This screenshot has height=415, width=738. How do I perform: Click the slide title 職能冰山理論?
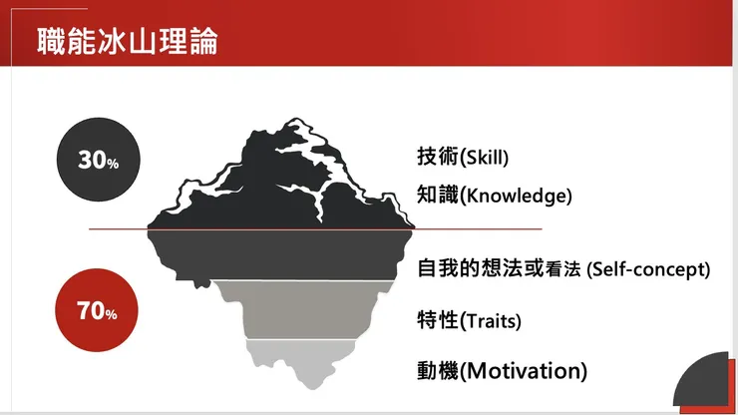pyautogui.click(x=128, y=41)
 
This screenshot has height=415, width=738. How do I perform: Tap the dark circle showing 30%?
pyautogui.click(x=99, y=160)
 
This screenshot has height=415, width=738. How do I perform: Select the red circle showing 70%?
pyautogui.click(x=97, y=310)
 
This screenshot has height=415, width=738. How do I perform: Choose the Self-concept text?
pyautogui.click(x=648, y=269)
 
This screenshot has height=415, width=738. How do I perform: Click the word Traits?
pyautogui.click(x=490, y=321)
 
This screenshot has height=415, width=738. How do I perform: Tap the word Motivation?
pyautogui.click(x=525, y=371)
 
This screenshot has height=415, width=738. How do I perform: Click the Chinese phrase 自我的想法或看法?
pyautogui.click(x=499, y=268)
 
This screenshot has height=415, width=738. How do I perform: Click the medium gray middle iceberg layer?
pyautogui.click(x=306, y=308)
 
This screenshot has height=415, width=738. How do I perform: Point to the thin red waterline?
pyautogui.click(x=315, y=229)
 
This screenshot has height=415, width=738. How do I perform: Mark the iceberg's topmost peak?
pyautogui.click(x=295, y=119)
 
